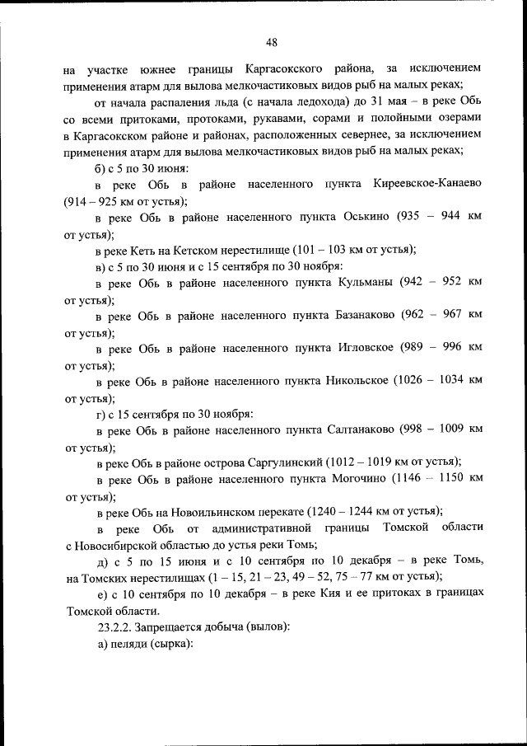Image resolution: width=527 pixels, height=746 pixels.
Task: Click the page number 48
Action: coord(271,43)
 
